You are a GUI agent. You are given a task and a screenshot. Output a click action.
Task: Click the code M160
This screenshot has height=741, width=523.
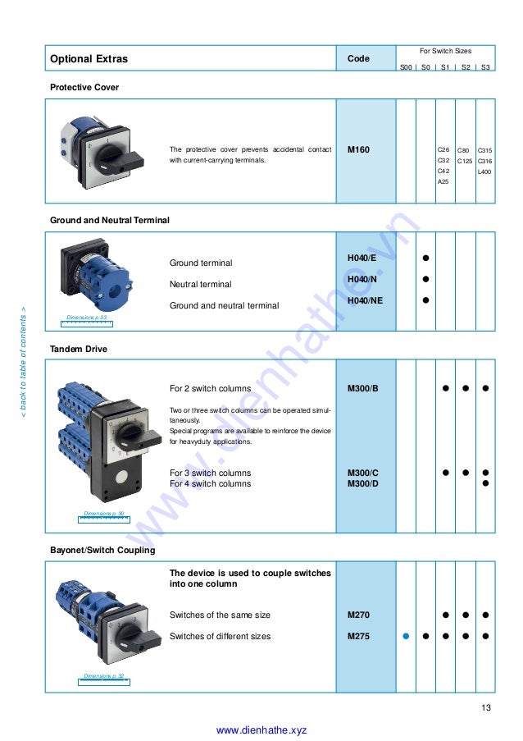[358, 150]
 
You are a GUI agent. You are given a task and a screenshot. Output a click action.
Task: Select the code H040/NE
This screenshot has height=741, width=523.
[365, 301]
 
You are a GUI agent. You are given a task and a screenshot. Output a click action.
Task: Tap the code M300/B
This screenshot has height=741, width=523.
[363, 388]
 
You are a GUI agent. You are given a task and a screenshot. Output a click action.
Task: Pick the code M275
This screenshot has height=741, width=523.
[358, 636]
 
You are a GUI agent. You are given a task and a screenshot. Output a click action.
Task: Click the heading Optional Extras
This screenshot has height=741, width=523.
[89, 59]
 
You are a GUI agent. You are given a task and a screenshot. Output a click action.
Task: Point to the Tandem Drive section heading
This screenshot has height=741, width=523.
[79, 349]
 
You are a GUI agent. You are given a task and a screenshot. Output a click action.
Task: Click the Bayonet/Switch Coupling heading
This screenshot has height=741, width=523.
[102, 550]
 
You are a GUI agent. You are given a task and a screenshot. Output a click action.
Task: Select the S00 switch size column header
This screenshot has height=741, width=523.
[406, 67]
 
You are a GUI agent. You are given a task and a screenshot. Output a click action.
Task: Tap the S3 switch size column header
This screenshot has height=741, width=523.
[486, 67]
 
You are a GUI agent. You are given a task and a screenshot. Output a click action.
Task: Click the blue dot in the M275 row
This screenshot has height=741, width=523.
[406, 636]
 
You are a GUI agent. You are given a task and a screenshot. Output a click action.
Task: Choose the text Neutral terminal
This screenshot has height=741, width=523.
[200, 285]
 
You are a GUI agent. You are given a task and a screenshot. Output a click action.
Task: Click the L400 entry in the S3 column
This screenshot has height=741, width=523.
[484, 172]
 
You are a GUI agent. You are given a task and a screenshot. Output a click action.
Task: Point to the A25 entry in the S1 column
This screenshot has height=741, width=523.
[443, 181]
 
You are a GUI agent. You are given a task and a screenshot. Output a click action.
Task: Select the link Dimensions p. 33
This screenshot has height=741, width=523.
[87, 317]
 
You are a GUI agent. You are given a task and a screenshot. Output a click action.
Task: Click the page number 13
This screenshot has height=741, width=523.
[486, 708]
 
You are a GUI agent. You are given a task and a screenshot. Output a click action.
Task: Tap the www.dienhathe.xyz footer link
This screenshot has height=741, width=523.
[261, 730]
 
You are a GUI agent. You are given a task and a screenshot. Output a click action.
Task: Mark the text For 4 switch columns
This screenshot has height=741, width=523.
[210, 484]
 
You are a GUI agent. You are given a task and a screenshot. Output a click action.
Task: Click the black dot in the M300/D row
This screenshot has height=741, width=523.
[486, 483]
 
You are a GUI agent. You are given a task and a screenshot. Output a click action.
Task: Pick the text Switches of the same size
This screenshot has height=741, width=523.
[220, 615]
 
